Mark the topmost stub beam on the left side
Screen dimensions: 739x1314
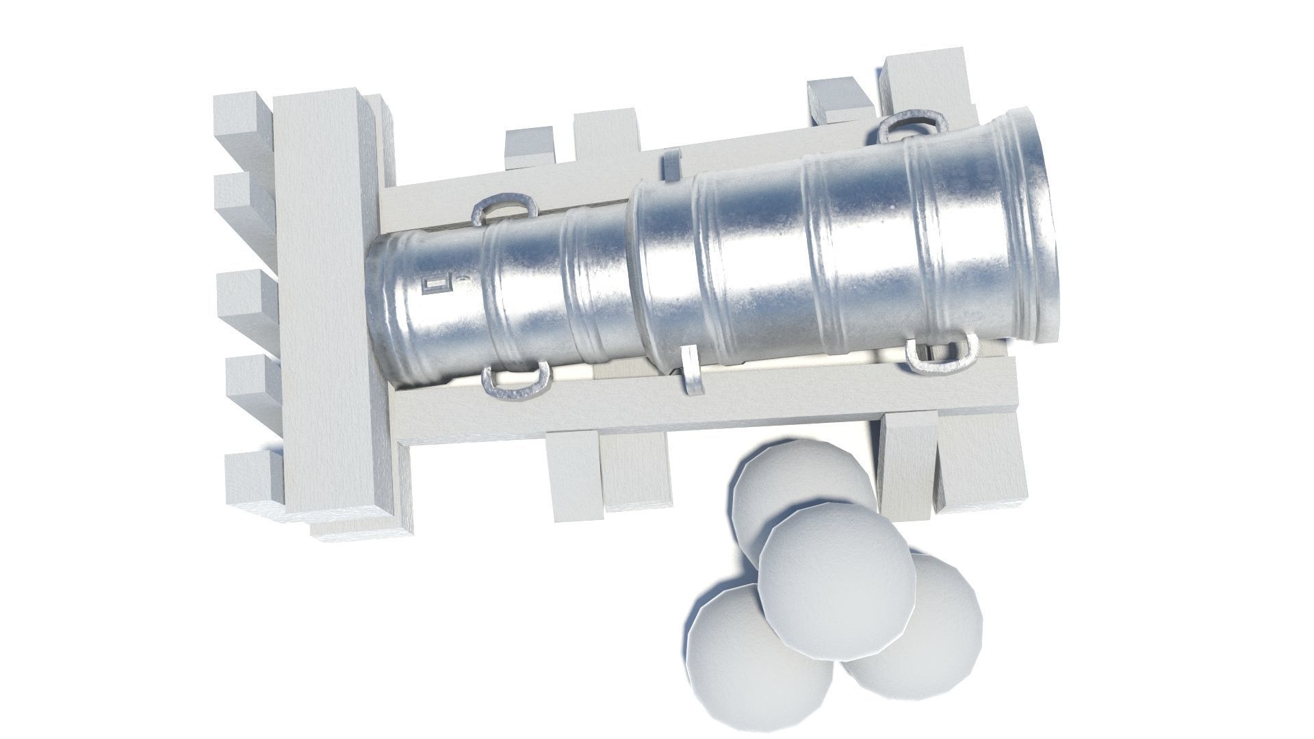pos(243,116)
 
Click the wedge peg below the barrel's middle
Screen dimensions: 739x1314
pos(691,373)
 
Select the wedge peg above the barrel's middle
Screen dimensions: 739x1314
pos(672,164)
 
